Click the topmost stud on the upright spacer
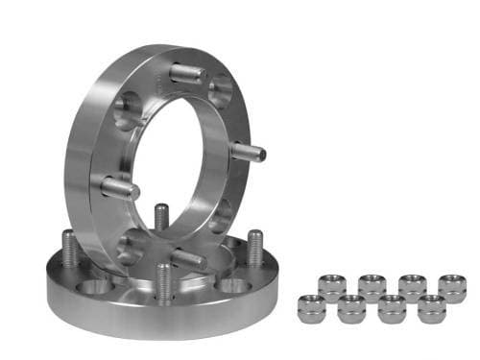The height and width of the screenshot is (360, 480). coord(185,73)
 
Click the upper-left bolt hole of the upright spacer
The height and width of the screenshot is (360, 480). coord(128,110)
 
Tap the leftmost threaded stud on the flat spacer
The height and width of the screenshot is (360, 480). coord(69,249)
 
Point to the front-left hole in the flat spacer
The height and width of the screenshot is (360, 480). coord(97,287)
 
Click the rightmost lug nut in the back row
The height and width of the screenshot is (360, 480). coord(452,286)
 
